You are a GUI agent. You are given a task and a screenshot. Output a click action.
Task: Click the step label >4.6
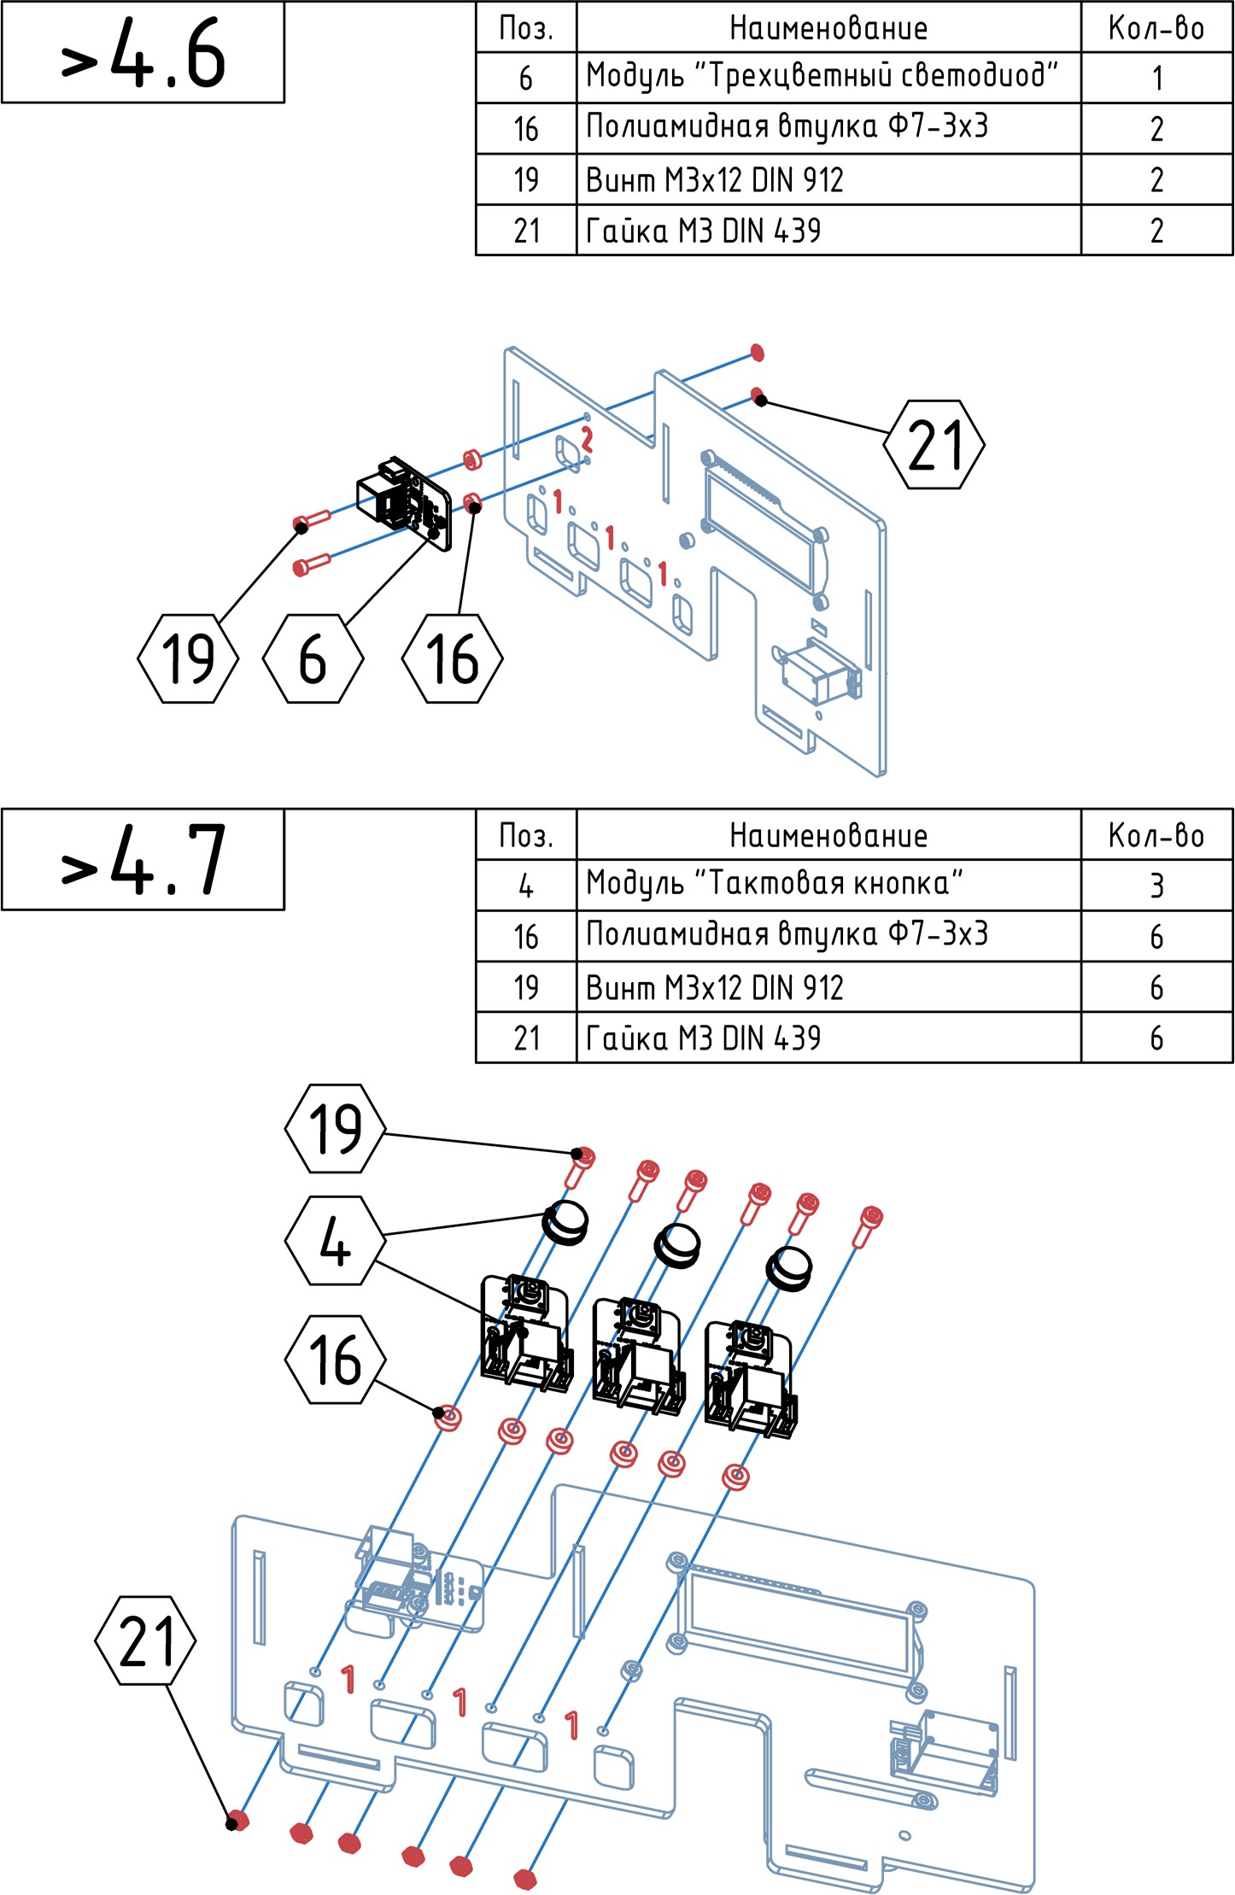pos(143,53)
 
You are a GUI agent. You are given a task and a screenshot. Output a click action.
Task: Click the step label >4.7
pos(143,859)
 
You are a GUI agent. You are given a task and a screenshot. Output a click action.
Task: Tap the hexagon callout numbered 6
pos(313,658)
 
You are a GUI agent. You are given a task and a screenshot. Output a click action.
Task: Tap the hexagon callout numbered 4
pos(334,1241)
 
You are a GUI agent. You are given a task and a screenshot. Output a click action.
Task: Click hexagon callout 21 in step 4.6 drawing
pos(934,444)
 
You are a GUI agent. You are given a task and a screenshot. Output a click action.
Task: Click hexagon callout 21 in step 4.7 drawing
pos(145,1641)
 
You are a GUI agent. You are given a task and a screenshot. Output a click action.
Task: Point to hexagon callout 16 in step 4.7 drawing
pos(334,1360)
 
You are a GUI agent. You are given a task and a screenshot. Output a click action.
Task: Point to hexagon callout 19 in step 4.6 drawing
pos(187,658)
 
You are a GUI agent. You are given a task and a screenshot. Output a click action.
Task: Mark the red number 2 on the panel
pos(587,439)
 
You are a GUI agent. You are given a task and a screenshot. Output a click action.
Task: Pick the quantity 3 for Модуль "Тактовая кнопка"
pos(1156,885)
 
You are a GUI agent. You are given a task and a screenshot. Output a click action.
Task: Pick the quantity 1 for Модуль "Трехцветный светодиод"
pos(1156,78)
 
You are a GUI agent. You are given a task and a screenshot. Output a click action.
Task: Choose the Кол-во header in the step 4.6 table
pos(1156,27)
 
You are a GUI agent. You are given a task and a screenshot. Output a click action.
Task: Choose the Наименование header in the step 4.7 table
pos(828,834)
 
